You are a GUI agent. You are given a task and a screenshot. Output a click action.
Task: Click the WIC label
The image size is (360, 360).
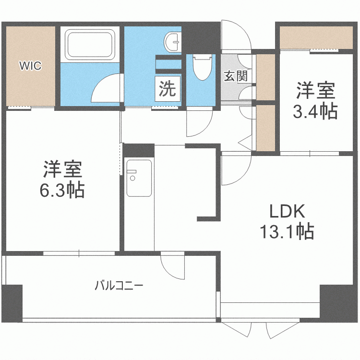pos(30,66)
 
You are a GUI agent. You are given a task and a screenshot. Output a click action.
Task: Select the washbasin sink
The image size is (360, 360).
pos(172,42)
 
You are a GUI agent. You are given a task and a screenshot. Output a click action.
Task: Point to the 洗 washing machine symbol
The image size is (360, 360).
pos(168,89)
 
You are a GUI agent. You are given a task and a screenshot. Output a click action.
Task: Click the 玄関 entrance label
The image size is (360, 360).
pos(235,75)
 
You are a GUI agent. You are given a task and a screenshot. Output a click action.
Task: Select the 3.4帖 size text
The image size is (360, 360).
pos(315,111)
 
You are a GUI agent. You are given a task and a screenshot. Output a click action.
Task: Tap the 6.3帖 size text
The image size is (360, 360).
pos(62,191)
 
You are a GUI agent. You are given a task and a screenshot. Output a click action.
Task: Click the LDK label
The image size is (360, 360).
pos(287,211)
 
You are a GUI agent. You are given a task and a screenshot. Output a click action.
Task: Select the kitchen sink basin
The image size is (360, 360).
pos(139,178)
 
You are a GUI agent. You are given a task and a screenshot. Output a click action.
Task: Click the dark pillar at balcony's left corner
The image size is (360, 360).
pos(12,302)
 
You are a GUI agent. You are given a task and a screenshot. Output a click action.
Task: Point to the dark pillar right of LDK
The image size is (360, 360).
pos(339,303)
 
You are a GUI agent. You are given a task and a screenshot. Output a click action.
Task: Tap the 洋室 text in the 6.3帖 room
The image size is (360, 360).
pos(62,169)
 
